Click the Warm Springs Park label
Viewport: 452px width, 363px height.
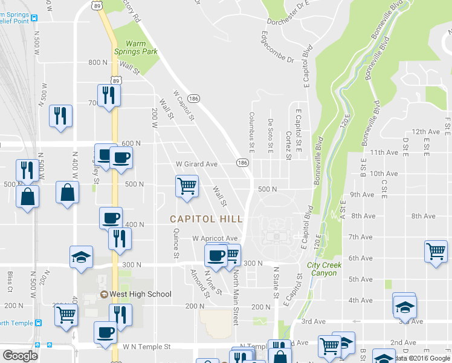141,47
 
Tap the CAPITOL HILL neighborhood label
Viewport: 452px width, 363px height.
206,219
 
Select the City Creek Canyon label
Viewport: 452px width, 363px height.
324,269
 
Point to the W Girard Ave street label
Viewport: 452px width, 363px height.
196,164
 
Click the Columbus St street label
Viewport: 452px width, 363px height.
251,131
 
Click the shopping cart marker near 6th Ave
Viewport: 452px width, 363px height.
436,250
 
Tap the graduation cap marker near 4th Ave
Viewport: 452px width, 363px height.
404,305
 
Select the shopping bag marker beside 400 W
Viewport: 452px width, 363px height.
68,193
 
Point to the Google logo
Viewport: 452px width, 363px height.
21,356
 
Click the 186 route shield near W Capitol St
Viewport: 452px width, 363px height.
193,98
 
